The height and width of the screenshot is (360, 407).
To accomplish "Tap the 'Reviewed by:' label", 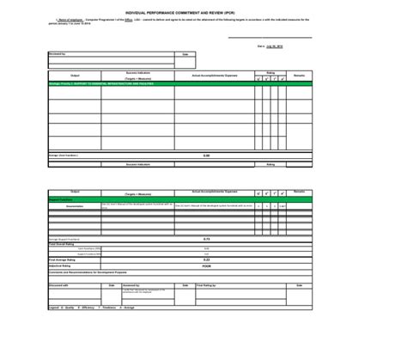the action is coord(58,53).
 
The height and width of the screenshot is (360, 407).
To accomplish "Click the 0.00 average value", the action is coord(206,156).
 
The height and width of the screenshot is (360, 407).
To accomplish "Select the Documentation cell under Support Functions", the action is coord(75,206).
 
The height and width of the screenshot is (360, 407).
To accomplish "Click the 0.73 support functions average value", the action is coord(206,239).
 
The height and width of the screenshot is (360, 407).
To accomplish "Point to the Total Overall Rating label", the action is coord(64,244).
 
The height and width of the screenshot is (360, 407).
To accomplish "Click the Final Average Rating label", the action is coord(64,259).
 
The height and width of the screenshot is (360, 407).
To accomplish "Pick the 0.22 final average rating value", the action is coord(206,259).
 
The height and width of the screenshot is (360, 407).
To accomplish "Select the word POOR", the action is coord(206,265).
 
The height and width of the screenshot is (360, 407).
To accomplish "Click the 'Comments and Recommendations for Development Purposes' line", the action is coord(90,272).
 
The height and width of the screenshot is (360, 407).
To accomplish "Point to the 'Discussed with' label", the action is coord(59,285).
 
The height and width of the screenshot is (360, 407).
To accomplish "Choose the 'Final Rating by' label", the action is coord(207,285).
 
